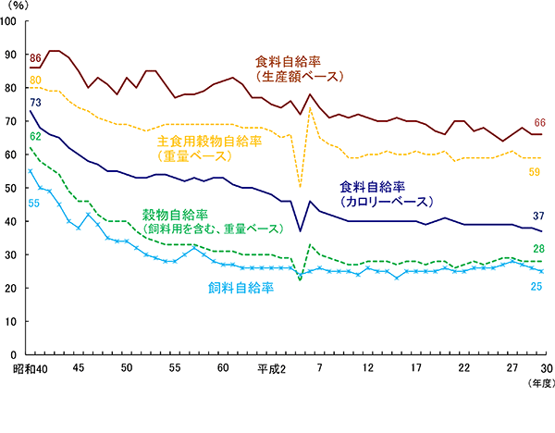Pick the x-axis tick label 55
(x=175, y=368)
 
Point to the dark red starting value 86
(x=36, y=60)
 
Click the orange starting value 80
(x=36, y=80)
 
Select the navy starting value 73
(x=36, y=103)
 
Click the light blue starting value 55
(x=36, y=177)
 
